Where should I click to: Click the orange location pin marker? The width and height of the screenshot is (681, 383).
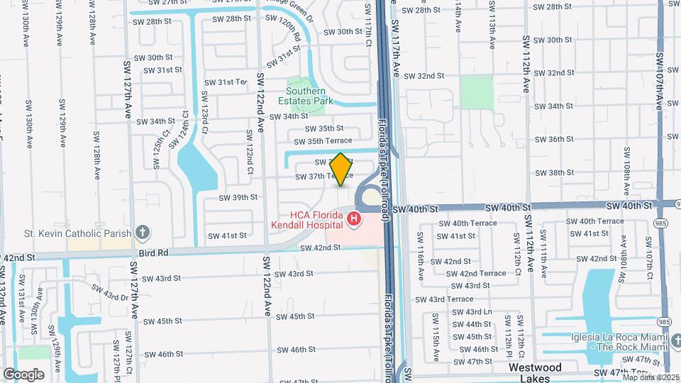(341, 170)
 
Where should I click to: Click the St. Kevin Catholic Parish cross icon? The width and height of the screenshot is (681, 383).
(143, 233)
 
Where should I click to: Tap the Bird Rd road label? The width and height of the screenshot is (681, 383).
(153, 251)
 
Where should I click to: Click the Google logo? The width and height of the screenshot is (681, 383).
(24, 374)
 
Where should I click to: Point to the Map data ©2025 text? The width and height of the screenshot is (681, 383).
(650, 377)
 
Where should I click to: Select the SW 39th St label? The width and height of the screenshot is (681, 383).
(238, 197)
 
